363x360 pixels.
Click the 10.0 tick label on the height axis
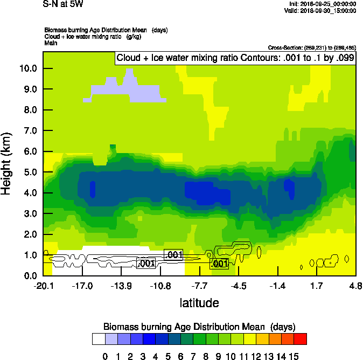(x=27, y=68)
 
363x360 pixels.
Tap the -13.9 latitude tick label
(x=122, y=286)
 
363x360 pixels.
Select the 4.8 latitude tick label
(x=355, y=286)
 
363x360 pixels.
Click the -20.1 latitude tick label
(x=43, y=286)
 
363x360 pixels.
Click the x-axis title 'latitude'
(x=199, y=303)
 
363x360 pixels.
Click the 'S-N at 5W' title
(x=60, y=4)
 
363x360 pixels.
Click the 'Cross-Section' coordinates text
(x=311, y=47)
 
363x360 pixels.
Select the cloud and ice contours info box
(x=235, y=58)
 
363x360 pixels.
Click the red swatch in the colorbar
(x=301, y=339)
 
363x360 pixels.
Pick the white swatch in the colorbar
(x=99, y=339)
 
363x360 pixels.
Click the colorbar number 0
(x=105, y=356)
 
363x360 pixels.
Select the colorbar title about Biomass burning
(x=199, y=327)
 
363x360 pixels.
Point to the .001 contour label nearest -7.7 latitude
(x=219, y=264)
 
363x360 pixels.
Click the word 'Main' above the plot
(x=51, y=42)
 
